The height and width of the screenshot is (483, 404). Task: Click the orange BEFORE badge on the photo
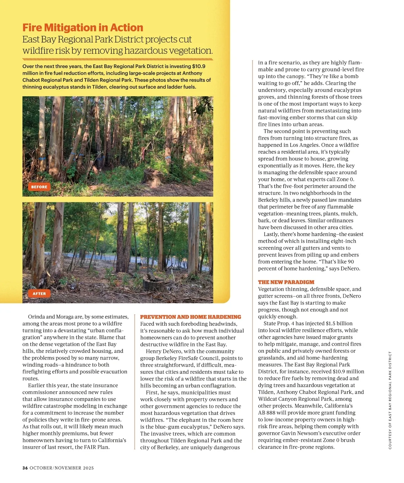pos(39,187)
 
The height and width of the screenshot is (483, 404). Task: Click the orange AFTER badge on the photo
pos(39,294)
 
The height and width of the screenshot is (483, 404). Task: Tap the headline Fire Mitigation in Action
pos(83,28)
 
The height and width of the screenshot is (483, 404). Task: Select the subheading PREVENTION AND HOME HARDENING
pos(191,317)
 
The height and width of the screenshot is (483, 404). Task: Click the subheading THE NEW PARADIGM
pos(286,282)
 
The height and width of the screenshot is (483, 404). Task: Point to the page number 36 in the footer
pos(25,468)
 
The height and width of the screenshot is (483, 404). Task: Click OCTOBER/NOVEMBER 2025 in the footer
pos(62,468)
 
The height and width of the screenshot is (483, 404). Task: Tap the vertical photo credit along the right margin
pos(390,400)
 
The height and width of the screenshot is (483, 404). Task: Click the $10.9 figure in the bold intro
pos(199,66)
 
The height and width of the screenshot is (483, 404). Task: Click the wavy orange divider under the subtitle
pos(118,59)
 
